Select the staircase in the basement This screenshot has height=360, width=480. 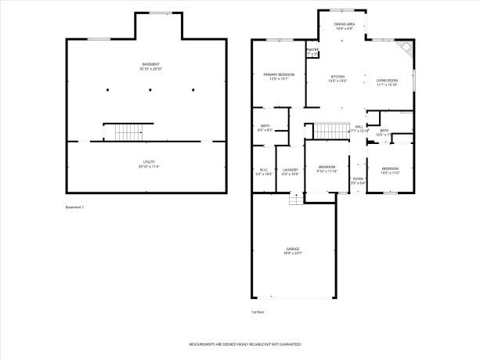(125, 132)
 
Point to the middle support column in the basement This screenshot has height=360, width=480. (150, 90)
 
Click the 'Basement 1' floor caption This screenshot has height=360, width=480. (74, 207)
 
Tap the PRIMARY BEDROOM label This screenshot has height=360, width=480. (268, 75)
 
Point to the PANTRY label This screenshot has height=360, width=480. (312, 52)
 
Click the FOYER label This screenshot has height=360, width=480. (358, 180)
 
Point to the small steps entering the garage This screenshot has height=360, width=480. (295, 198)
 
